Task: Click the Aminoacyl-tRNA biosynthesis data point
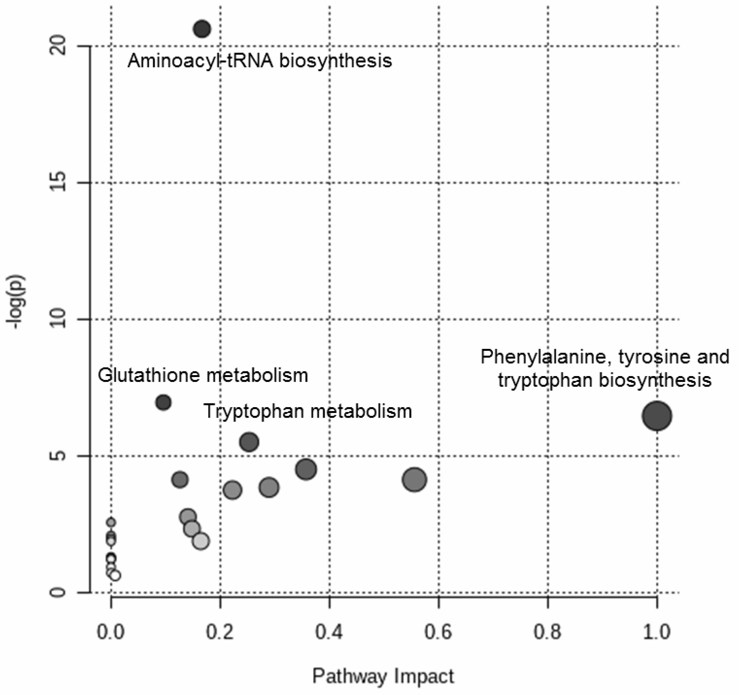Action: click(x=202, y=29)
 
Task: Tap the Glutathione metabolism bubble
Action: click(x=163, y=402)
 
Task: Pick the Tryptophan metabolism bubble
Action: click(x=249, y=442)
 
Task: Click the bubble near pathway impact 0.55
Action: click(x=414, y=480)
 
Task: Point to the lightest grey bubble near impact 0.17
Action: click(x=201, y=541)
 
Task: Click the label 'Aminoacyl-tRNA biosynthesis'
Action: click(x=259, y=61)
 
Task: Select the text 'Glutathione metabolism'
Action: click(x=203, y=375)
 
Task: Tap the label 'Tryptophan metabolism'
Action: click(x=308, y=411)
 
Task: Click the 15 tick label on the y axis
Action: click(x=58, y=183)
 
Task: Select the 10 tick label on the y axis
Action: click(x=58, y=319)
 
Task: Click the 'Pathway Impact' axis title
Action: click(x=383, y=676)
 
